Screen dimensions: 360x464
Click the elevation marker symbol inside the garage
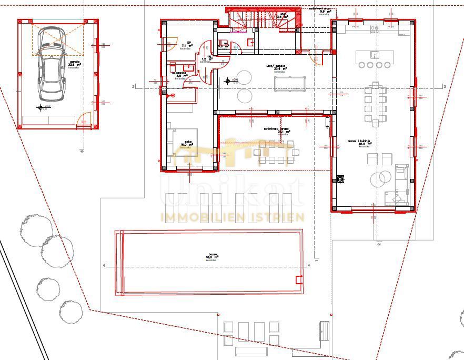coord(40,108)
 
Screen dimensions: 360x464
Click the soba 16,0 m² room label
coord(187,144)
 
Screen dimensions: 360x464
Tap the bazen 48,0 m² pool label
coord(211,257)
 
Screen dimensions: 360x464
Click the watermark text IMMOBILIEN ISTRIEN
coord(232,217)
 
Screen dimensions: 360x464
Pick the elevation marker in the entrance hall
coord(228,81)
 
